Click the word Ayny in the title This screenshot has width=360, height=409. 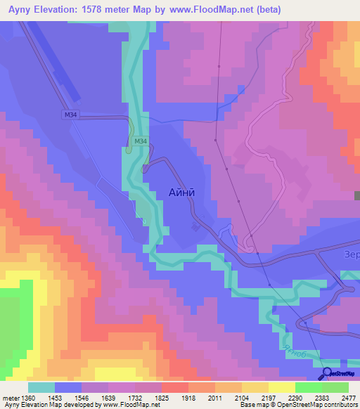(x=22, y=10)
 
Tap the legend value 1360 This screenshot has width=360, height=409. (x=27, y=397)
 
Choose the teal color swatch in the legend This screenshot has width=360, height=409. (x=41, y=387)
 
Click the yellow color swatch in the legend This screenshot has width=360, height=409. (x=281, y=387)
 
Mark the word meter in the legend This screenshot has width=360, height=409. (x=10, y=397)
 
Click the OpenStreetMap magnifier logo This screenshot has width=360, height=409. (x=327, y=375)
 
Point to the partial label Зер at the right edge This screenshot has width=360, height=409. (x=351, y=254)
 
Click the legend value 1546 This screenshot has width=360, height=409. (x=82, y=397)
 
